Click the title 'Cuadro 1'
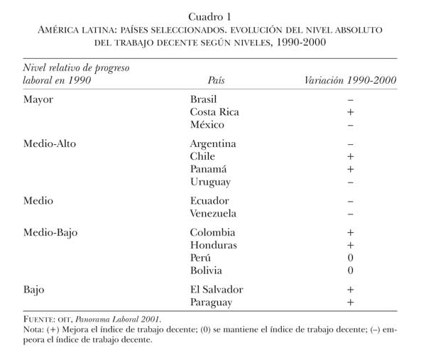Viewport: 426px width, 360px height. pos(213,16)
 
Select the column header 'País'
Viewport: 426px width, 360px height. pos(218,80)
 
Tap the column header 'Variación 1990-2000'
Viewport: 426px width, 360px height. pos(350,80)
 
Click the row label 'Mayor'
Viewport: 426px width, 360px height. pos(38,99)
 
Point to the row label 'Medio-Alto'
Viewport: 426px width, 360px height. pos(49,143)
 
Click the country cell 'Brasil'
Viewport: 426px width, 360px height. pos(206,99)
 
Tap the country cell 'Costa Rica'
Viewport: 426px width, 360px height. pos(214,112)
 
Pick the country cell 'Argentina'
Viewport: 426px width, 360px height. pos(213,143)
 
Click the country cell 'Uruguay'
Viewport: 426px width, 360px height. pos(210,182)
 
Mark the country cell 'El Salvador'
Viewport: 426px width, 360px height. pos(217,290)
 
